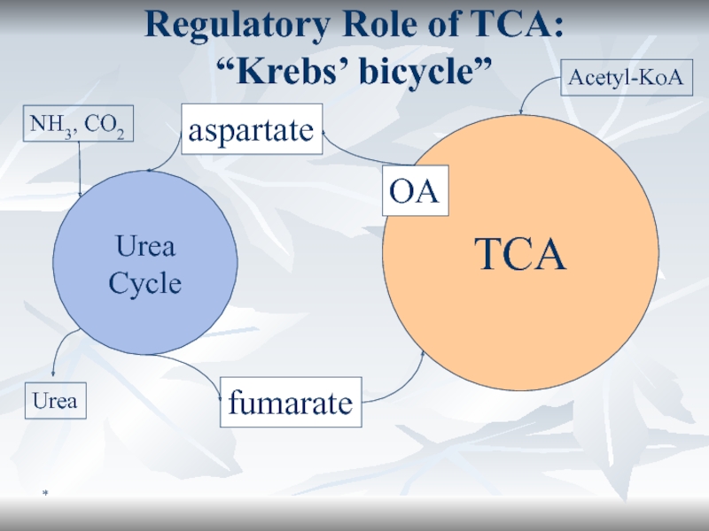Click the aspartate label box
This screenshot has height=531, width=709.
click(251, 130)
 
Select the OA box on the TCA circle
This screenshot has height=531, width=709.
click(416, 191)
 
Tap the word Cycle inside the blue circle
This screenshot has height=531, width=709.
click(144, 284)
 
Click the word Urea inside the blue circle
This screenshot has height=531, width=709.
click(146, 247)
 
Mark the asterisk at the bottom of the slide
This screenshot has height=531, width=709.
click(41, 489)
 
